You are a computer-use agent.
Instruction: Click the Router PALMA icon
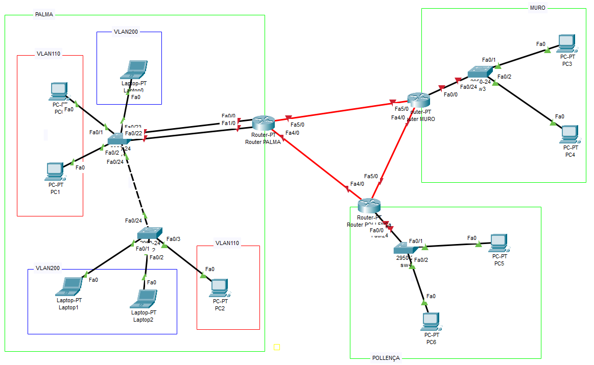click(x=263, y=123)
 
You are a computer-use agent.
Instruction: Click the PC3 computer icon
click(x=566, y=43)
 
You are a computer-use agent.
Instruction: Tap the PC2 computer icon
click(x=220, y=288)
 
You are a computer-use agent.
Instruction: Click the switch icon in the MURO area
click(x=480, y=73)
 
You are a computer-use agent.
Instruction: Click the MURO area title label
click(x=538, y=8)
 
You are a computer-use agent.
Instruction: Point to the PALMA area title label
click(x=44, y=14)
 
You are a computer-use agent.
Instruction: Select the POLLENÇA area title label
click(x=386, y=358)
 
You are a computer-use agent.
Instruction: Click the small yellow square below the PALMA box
click(x=277, y=347)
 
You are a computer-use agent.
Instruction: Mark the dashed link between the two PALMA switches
click(x=136, y=188)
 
